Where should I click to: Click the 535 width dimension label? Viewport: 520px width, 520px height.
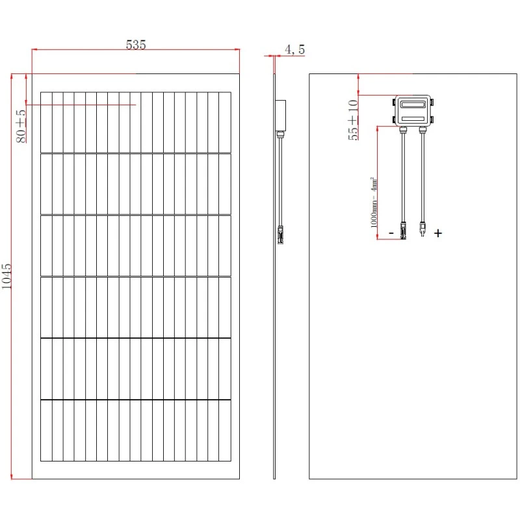point(135,44)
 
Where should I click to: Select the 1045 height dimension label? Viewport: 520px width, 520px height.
point(7,276)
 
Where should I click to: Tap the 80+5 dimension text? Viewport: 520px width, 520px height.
point(20,126)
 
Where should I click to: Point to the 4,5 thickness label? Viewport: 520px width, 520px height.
point(294,49)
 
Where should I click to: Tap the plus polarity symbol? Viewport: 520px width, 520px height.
point(438,233)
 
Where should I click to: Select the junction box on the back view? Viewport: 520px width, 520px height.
point(413,110)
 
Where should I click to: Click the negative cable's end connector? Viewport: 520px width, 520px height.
point(404,231)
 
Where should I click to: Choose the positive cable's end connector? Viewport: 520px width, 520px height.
point(422,229)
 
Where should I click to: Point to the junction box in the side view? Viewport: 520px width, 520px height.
point(281,115)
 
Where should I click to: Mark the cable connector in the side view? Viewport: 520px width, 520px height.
point(281,234)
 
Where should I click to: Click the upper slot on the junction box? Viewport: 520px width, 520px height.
point(413,104)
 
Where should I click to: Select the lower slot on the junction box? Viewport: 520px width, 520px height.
point(413,118)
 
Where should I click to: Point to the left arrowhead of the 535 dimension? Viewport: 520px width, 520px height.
point(35,49)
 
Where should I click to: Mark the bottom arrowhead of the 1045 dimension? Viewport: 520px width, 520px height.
point(12,476)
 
